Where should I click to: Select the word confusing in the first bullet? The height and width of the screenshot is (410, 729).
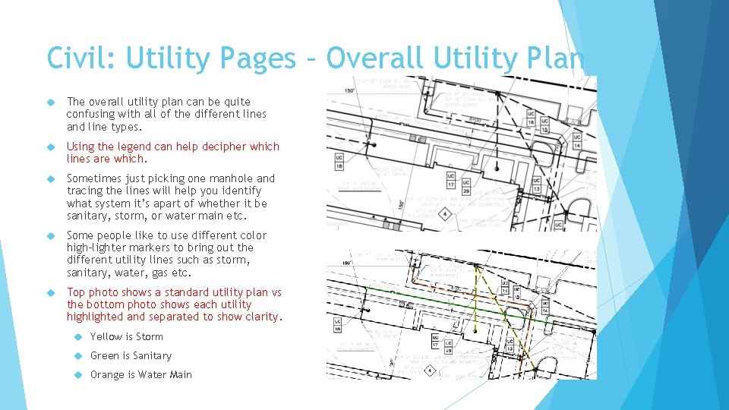pos(93,114)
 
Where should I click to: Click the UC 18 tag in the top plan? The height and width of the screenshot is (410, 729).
pos(339,162)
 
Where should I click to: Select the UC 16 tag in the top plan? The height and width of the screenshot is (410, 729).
pos(531,118)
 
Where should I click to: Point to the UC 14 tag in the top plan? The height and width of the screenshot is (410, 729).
pos(578,140)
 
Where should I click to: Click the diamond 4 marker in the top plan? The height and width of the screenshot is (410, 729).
pos(444,215)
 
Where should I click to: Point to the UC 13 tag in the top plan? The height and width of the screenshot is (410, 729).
pos(536,185)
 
